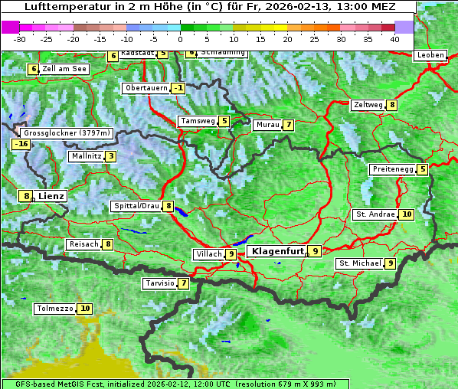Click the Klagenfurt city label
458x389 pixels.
pos(275,250)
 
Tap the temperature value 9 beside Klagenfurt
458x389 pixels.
pos(315,250)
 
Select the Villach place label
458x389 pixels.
pos(208,253)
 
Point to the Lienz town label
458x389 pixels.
pos(51,196)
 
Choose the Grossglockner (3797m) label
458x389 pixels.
pos(67,132)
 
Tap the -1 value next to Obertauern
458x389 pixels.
pos(178,88)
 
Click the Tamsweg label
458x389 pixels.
pos(197,121)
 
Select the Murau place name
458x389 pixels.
pos(267,125)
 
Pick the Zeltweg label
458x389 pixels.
pos(367,105)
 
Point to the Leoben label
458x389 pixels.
pos(430,55)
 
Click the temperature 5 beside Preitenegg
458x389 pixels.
pos(423,169)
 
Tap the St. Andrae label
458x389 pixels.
pos(375,214)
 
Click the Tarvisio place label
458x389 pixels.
pos(159,283)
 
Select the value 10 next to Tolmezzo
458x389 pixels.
pos(84,309)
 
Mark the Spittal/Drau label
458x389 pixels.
pos(136,206)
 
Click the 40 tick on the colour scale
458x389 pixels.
pos(394,38)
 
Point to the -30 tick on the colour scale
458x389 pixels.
pos(20,38)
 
